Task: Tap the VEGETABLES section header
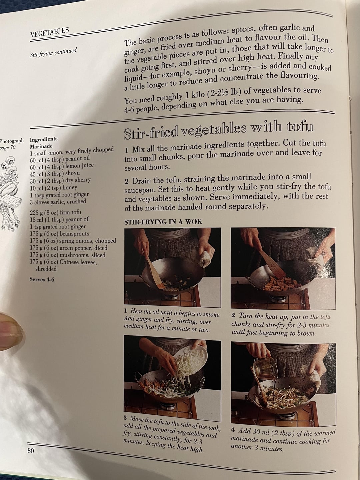50,32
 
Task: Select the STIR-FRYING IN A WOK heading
163,222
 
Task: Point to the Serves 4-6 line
42,279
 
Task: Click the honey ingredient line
54,188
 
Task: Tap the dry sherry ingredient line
60,180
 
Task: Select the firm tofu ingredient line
56,212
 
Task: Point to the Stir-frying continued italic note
53,52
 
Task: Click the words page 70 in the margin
8,147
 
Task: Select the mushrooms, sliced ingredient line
68,255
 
